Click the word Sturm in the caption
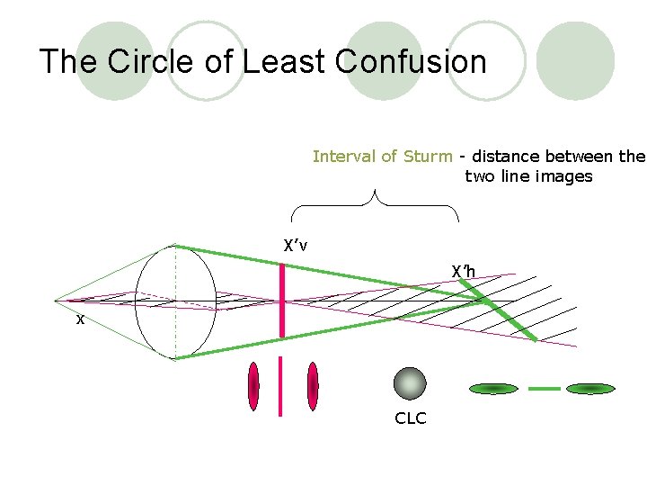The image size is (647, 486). coord(428,157)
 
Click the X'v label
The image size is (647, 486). coord(296,246)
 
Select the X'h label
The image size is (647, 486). coord(463,272)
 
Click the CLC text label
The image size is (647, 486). coord(410,418)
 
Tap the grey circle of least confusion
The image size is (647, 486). coord(410,383)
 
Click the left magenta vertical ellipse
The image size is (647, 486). coord(254,386)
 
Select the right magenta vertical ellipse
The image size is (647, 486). coord(313,386)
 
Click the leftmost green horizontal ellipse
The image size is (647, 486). coord(494,389)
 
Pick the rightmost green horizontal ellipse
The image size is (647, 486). coord(590,389)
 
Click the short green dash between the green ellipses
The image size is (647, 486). coord(544,389)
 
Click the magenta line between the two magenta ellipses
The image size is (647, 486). coord(281,386)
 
